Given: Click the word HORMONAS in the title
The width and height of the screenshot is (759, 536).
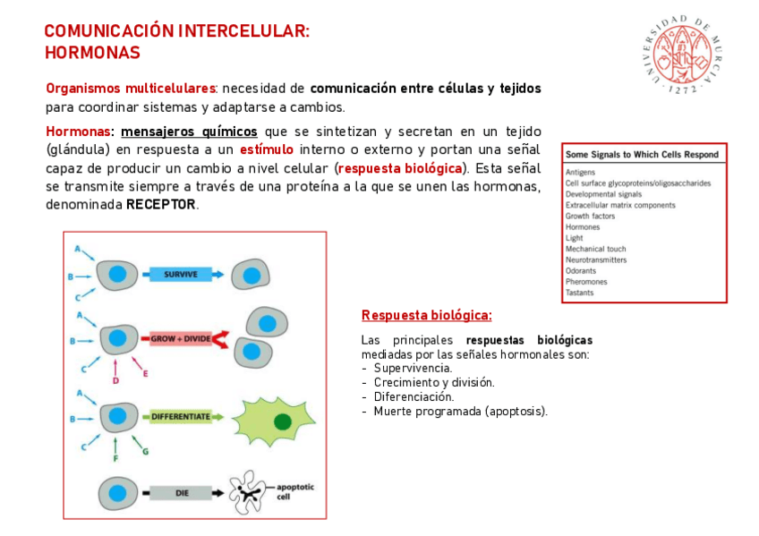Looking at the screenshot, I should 92,53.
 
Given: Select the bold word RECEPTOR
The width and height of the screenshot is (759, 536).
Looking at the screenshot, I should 161,205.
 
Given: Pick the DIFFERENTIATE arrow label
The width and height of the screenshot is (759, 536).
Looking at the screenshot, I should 181,417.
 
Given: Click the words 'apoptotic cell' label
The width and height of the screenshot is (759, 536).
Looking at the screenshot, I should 295,491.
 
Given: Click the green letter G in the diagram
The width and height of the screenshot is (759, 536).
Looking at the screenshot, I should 146,451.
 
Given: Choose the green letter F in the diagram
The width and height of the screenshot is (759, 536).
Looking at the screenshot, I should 115,457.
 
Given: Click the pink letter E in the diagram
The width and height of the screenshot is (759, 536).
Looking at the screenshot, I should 145,373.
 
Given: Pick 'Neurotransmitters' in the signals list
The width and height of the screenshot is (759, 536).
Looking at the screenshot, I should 596,260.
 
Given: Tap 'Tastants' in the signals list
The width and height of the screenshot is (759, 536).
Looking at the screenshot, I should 579,293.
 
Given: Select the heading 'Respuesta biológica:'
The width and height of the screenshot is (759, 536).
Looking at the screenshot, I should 426,316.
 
